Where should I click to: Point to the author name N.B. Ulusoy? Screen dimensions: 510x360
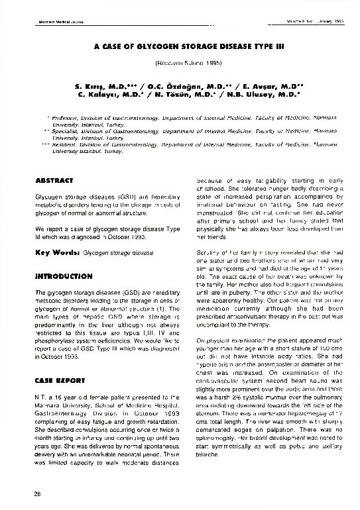pyautogui.click(x=269, y=95)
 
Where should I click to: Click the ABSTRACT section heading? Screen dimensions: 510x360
pyautogui.click(x=53, y=180)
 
